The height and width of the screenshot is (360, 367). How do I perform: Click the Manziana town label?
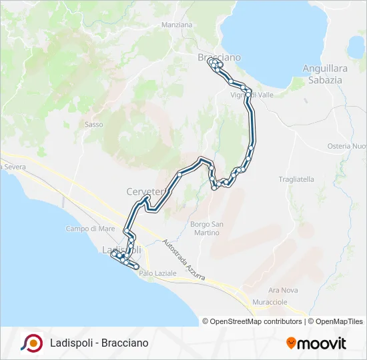(177, 25)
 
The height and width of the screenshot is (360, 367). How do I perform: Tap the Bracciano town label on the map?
(219, 57)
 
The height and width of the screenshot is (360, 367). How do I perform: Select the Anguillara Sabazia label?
(322, 74)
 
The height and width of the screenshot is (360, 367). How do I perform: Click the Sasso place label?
(94, 124)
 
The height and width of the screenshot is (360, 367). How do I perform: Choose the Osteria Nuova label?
(346, 146)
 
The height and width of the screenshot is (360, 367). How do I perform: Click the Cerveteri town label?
(145, 192)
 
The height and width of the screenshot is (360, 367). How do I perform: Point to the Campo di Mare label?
(91, 229)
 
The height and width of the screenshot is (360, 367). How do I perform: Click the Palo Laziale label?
(158, 273)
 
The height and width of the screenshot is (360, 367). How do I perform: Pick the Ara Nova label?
(283, 291)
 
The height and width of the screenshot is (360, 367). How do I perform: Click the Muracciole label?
(270, 302)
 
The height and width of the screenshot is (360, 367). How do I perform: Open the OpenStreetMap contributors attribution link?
(252, 321)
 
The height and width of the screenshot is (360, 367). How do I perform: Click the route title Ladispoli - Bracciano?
(99, 343)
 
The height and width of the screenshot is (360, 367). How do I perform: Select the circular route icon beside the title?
(31, 343)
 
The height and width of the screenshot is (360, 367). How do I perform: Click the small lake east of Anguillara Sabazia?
(356, 47)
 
